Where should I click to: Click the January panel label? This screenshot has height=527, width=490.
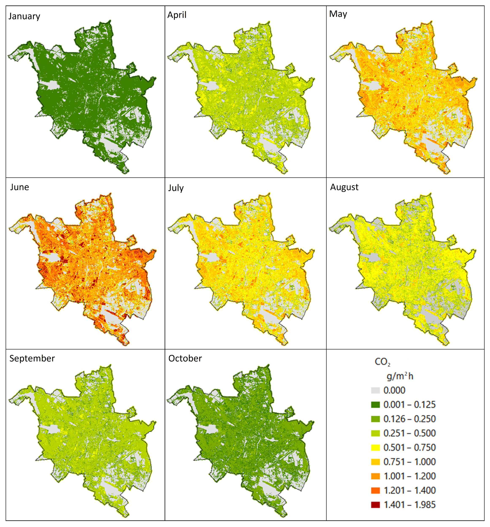click(24, 16)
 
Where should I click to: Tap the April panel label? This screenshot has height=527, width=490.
click(177, 15)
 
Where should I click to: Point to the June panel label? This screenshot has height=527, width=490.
click(19, 187)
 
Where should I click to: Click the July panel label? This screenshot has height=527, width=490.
click(176, 188)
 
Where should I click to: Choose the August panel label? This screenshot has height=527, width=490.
click(344, 187)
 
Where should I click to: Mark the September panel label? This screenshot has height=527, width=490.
click(32, 358)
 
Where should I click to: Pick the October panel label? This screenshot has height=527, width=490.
click(185, 358)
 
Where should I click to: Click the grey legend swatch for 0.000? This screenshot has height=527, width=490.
click(376, 390)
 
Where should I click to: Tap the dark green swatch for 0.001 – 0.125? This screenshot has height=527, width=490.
click(376, 405)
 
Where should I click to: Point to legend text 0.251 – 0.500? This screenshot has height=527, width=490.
click(409, 433)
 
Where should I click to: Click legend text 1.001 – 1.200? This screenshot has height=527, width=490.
click(409, 476)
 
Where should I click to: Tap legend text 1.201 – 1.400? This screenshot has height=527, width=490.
click(409, 491)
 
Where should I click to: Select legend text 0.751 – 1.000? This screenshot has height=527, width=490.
click(409, 462)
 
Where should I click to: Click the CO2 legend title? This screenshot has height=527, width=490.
click(382, 362)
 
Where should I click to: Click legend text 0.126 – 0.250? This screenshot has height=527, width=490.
click(409, 419)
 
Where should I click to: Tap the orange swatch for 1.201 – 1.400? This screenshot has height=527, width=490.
click(376, 491)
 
